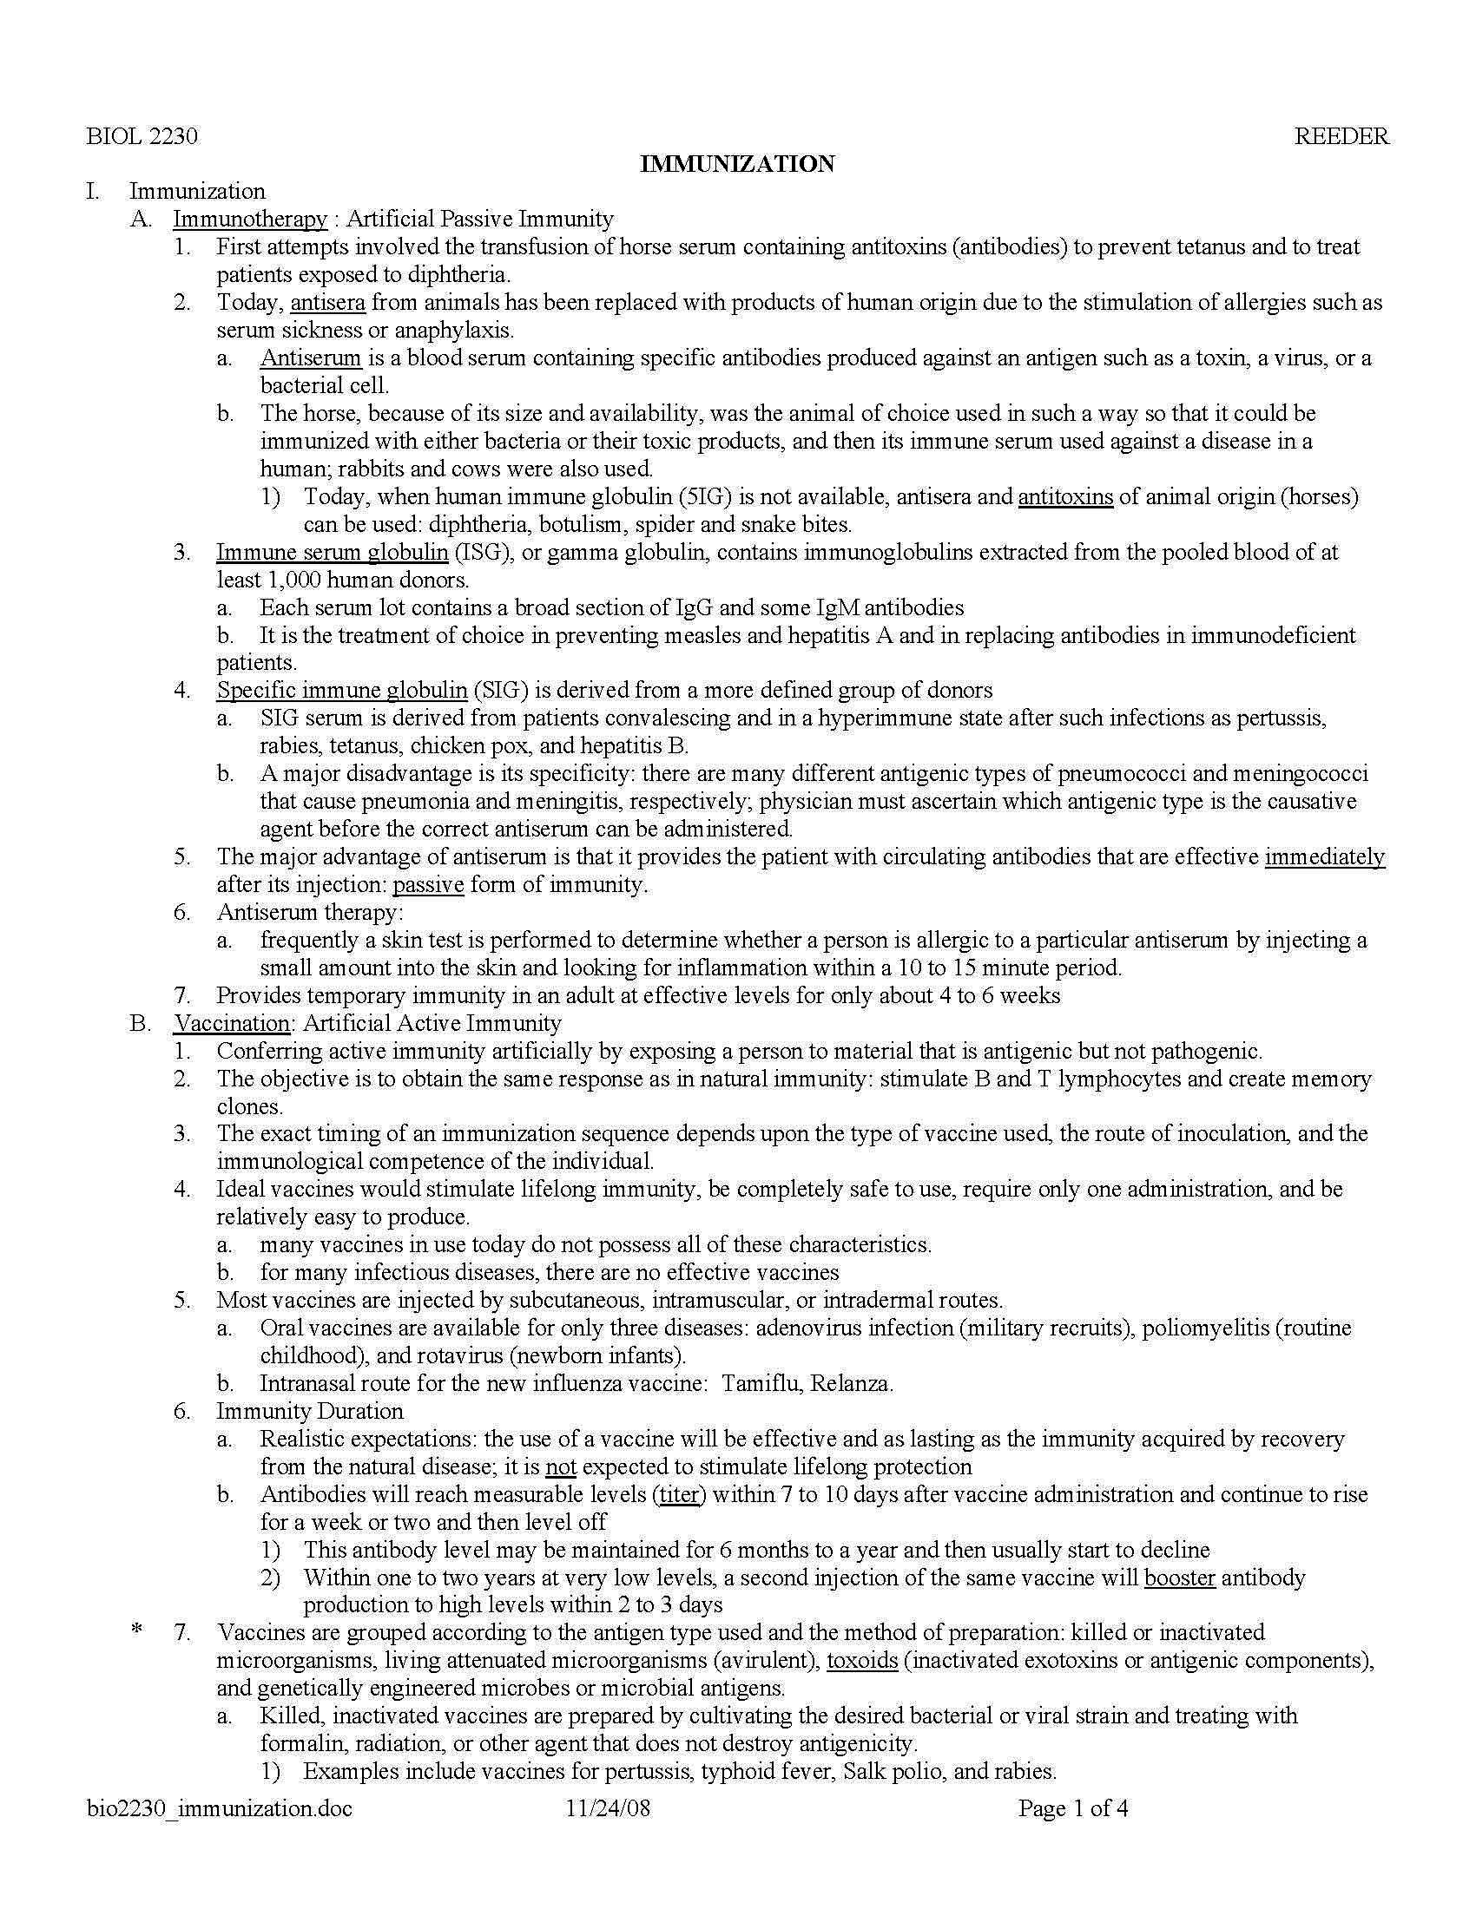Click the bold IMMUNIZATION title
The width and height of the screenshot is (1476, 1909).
point(737,163)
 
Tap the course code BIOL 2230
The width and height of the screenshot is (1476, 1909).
point(142,136)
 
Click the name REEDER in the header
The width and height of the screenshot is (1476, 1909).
point(1341,136)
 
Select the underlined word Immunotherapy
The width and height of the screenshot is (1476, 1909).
point(250,219)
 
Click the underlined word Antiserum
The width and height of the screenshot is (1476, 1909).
point(311,358)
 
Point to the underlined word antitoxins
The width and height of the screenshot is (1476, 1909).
point(1065,497)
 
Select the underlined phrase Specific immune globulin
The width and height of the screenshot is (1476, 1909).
point(342,691)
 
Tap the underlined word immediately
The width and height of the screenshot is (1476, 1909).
point(1325,856)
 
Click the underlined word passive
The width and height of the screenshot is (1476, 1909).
point(427,884)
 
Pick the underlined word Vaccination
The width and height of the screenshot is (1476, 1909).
point(232,1023)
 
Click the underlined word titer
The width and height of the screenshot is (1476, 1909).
point(680,1495)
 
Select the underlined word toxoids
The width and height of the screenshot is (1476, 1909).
point(862,1660)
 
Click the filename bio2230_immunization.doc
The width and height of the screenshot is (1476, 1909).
point(220,1808)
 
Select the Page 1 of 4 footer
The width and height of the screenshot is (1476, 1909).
point(1073,1808)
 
